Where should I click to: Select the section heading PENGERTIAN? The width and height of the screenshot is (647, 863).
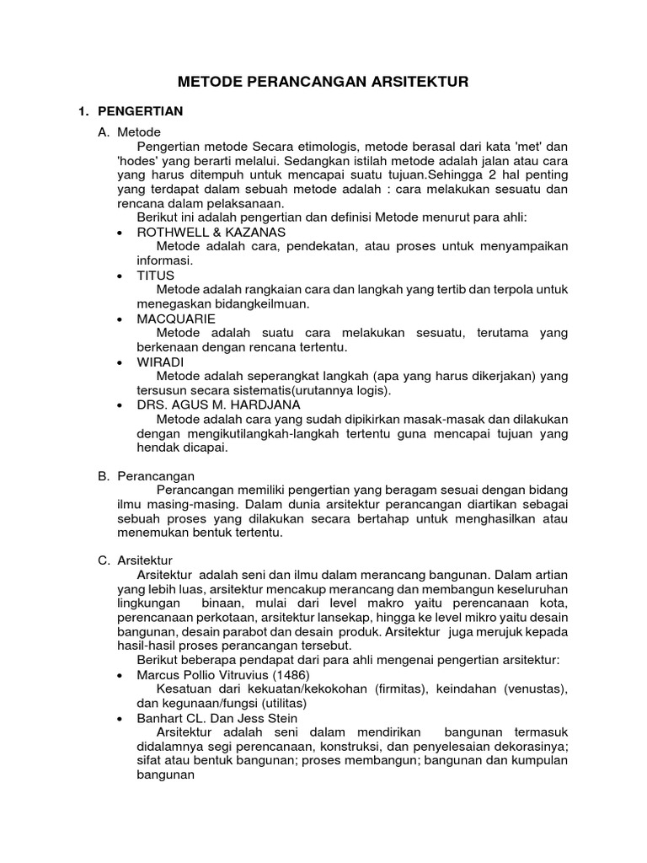140,111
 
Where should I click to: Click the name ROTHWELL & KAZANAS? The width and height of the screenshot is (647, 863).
211,232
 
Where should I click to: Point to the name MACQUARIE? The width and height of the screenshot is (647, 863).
176,319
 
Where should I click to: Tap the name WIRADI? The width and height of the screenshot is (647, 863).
159,362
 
